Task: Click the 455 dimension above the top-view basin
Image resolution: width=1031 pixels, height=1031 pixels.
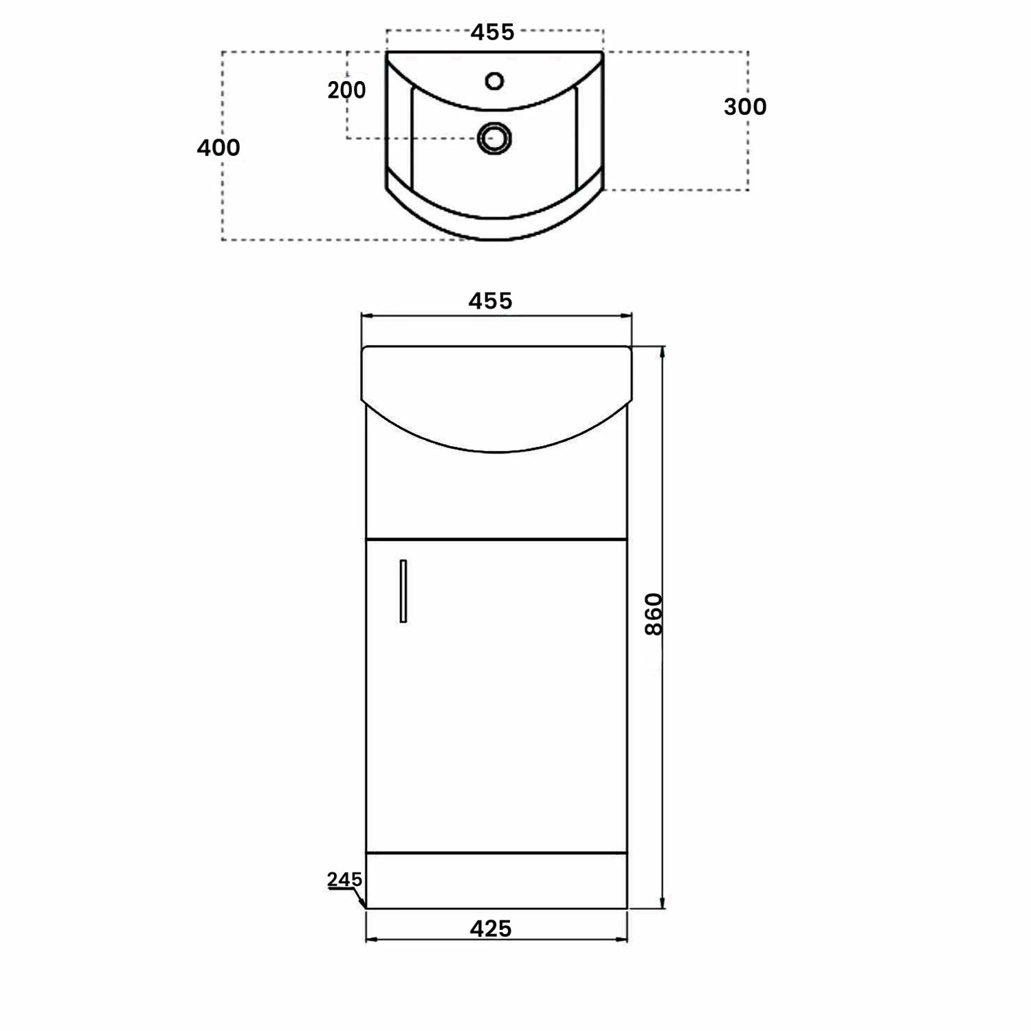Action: tap(492, 32)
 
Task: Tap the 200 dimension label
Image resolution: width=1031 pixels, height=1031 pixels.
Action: tap(346, 90)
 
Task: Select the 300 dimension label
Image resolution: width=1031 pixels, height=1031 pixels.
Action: tap(745, 107)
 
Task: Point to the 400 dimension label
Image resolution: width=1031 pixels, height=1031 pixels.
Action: tap(219, 148)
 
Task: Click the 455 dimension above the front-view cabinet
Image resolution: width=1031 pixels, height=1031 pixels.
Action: tap(491, 301)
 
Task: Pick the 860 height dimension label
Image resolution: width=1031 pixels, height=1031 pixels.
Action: tap(654, 614)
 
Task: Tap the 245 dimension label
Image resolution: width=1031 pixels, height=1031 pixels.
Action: tap(344, 879)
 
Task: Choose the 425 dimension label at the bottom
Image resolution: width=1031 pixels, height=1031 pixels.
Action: tap(491, 929)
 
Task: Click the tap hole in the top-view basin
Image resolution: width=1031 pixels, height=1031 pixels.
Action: tap(494, 81)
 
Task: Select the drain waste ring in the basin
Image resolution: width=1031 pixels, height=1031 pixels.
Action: tap(494, 137)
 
